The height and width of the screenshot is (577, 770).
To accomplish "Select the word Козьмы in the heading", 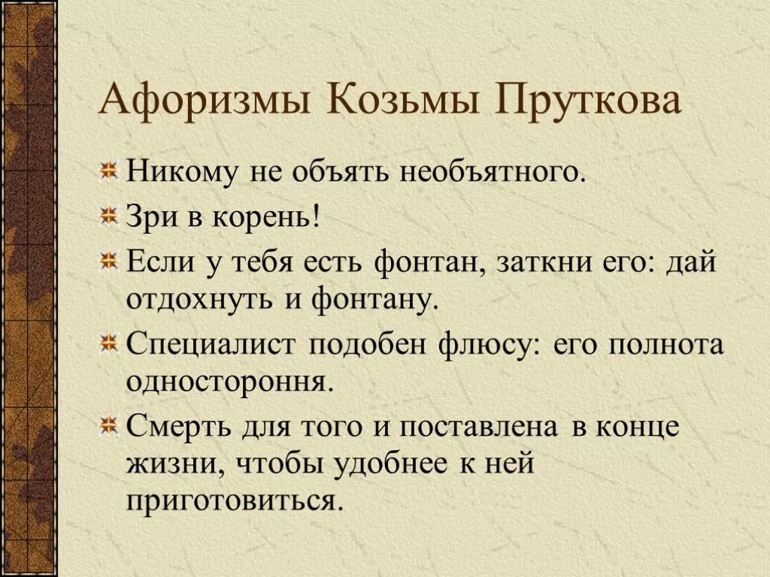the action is point(403,98).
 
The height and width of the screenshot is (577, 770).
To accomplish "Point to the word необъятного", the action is point(493,172).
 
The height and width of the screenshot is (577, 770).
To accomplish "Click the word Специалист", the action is point(211,345).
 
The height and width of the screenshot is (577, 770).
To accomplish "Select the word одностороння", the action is point(230,382).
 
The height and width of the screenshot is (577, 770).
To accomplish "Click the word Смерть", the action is point(180,426).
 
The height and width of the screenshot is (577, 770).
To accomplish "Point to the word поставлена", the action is point(478,426).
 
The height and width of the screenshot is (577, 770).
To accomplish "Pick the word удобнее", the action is point(391,462).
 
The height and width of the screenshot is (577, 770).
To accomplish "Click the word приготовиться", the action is point(233,501).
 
